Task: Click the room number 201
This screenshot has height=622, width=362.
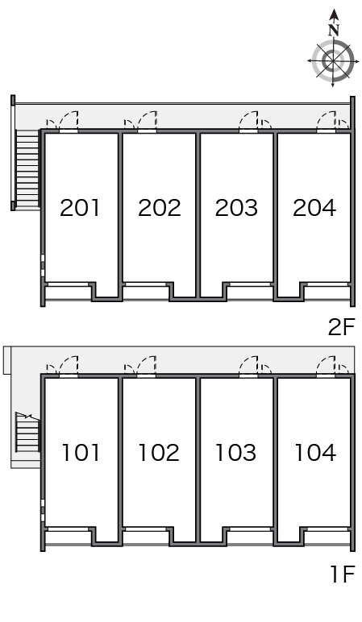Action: [80, 208]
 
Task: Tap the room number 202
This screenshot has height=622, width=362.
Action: [159, 208]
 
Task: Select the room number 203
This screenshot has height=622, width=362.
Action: [236, 208]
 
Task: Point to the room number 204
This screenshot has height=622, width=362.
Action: [314, 208]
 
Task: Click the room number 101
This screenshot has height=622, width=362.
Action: [81, 453]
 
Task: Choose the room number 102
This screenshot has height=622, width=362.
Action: [159, 453]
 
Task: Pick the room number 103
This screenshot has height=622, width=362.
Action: [235, 453]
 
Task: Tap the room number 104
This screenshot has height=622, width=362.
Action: [315, 453]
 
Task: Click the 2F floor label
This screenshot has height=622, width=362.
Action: [341, 328]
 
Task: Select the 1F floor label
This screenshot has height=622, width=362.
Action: [342, 574]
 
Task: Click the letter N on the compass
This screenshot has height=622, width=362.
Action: [334, 30]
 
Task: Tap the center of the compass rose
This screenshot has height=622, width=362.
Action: [333, 60]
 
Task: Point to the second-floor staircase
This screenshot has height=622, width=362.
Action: [27, 169]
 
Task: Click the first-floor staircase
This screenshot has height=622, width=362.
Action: [27, 432]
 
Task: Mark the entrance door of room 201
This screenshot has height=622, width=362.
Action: [69, 121]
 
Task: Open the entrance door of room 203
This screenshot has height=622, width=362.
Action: [248, 121]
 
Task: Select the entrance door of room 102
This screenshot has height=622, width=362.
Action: [147, 365]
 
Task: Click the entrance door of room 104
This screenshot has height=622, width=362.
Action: [327, 365]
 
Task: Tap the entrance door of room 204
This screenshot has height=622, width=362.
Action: [327, 121]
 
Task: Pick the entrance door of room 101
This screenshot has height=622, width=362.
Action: [69, 365]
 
